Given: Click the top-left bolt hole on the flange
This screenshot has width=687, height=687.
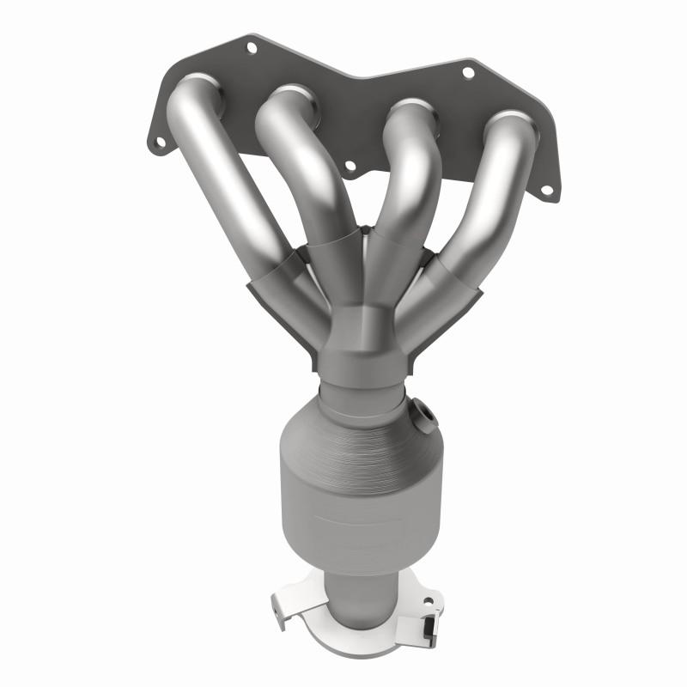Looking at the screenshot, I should pos(252,49).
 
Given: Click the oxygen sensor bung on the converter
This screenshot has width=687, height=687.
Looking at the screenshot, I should pos(422,415).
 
